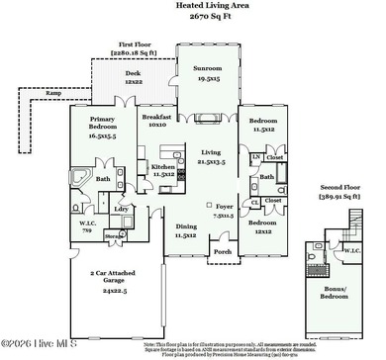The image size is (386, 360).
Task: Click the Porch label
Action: pos(223,251)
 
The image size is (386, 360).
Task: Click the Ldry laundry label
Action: pos(122,210)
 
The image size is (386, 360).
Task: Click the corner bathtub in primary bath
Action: pos(77,176)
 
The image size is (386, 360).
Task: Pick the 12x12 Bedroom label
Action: pos(262,226)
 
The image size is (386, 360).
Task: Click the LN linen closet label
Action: pos(255,157)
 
